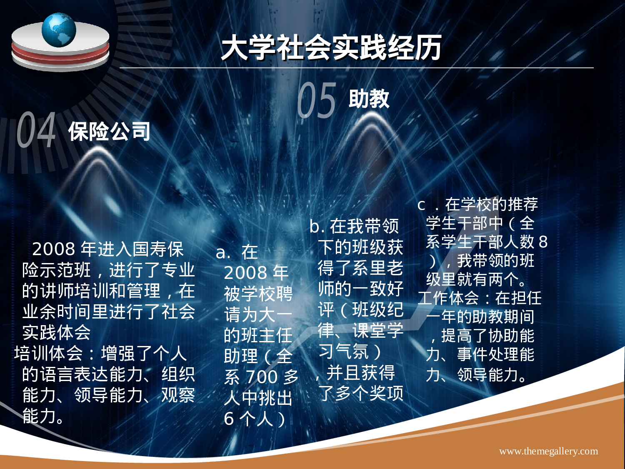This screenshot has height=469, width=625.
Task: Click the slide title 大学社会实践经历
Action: point(331,48)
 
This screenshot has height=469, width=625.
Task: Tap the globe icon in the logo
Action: point(59,30)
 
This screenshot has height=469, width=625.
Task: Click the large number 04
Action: point(37,130)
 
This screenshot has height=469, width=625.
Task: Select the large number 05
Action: point(317,100)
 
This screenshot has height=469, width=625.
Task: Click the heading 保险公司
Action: point(109,132)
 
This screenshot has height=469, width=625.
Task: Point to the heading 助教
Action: point(369,99)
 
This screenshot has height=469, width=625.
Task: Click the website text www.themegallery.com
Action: point(548,451)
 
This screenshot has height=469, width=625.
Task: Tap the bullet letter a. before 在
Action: point(223,252)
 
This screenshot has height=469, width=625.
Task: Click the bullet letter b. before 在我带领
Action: point(317,226)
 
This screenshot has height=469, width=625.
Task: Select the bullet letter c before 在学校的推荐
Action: point(421,205)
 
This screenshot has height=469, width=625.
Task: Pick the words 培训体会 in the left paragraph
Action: point(48,354)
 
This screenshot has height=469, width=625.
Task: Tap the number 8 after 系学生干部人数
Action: point(543,242)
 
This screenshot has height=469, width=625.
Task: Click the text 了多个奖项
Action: point(361,393)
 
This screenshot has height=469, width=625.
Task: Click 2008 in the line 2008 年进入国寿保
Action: point(54,249)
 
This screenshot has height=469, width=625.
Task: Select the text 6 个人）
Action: point(255,419)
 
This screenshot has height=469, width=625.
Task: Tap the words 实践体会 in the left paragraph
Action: point(57,333)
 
